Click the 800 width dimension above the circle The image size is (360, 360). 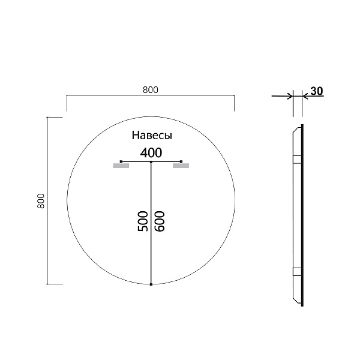(x=150, y=90)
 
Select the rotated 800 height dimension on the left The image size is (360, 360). (x=41, y=201)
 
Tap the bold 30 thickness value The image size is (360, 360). (x=317, y=91)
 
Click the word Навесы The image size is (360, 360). (x=152, y=136)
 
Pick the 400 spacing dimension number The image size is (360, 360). (x=151, y=152)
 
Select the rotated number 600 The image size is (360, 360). (x=159, y=221)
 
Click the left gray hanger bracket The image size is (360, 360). (x=121, y=166)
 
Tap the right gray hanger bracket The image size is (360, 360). (x=181, y=166)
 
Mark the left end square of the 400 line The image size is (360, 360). (x=121, y=162)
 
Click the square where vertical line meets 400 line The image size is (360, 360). (x=151, y=162)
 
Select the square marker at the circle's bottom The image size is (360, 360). (x=151, y=284)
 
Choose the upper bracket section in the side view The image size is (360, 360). (x=296, y=159)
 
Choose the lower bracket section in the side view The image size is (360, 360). (x=296, y=271)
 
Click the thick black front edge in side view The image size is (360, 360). (x=302, y=216)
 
